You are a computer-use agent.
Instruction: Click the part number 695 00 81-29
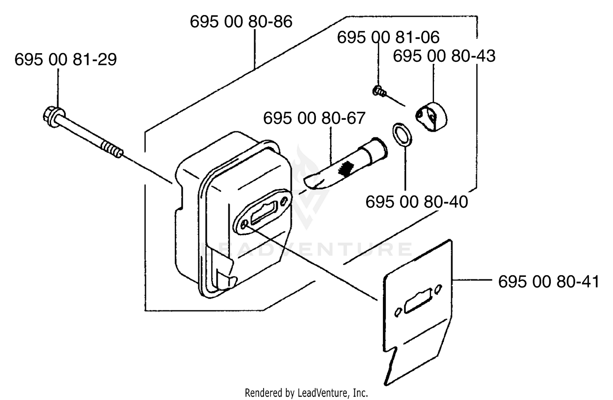click(66, 60)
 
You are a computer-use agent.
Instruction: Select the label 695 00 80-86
click(241, 22)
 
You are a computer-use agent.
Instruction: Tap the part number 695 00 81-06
click(388, 38)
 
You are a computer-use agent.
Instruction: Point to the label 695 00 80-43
click(444, 56)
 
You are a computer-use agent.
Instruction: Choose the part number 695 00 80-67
click(314, 118)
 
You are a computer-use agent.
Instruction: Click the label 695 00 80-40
click(417, 202)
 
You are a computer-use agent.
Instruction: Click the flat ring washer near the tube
click(402, 135)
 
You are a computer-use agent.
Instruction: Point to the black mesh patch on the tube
click(346, 167)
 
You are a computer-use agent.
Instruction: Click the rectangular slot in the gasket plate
click(418, 301)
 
